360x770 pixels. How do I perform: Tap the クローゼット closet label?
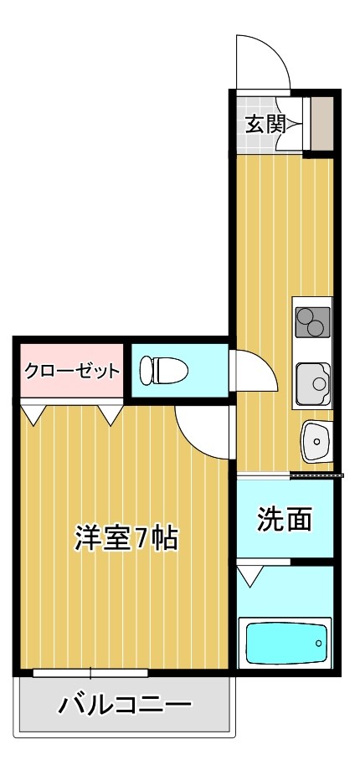(71, 370)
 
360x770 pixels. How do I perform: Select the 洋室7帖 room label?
(126, 537)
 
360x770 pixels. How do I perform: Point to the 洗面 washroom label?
(285, 520)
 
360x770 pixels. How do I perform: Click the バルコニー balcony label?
(125, 705)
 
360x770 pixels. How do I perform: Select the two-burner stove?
(312, 321)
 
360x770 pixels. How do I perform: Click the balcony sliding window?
(90, 671)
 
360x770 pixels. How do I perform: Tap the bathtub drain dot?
(318, 643)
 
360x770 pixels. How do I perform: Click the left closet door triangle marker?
(33, 413)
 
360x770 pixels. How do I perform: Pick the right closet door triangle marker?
(110, 413)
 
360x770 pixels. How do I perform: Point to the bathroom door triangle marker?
(249, 575)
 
